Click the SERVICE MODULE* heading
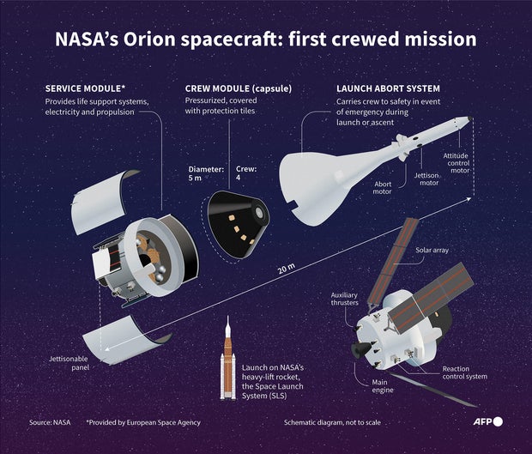[x=84, y=88]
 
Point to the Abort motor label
[x=383, y=187]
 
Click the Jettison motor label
[x=426, y=179]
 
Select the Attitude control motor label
[x=456, y=162]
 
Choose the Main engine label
[x=384, y=385]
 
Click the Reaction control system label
[x=464, y=372]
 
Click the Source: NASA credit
[x=51, y=423]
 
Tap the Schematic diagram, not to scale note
[x=333, y=423]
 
